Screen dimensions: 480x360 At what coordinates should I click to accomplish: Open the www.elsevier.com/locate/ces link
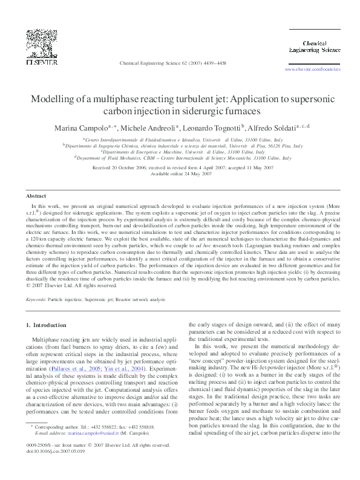click(x=312, y=70)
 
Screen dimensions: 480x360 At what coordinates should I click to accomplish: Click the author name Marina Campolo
click(x=80, y=128)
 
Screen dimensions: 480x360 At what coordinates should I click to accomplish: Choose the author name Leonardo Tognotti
click(x=211, y=128)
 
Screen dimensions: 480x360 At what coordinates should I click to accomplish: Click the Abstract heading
click(x=36, y=196)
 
